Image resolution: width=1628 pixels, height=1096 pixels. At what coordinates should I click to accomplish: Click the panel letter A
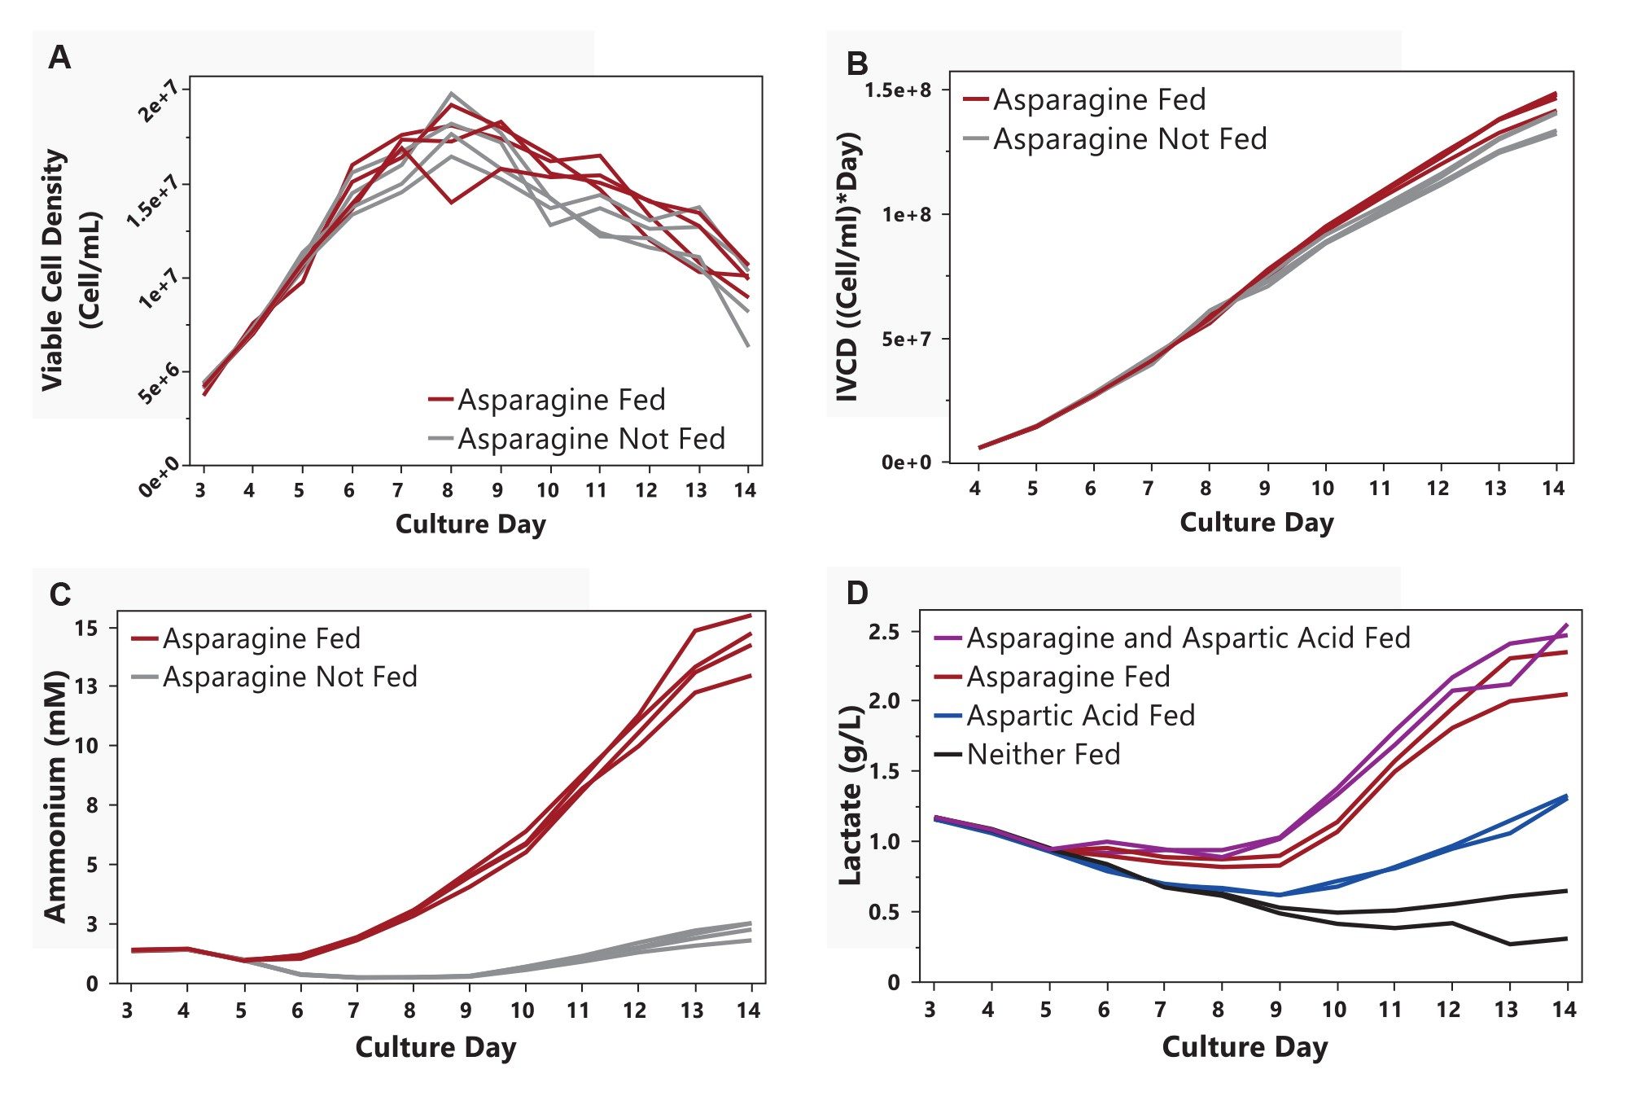tap(59, 59)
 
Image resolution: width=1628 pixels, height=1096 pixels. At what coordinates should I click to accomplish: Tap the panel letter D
tap(857, 593)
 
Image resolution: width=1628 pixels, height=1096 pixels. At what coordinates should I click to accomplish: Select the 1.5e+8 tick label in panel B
tap(897, 90)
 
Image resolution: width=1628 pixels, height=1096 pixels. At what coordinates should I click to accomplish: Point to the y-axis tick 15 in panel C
tap(86, 629)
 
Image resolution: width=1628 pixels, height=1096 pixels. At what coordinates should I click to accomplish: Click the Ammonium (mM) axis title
tap(55, 796)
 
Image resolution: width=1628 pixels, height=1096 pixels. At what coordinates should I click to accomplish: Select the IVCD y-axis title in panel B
tap(848, 267)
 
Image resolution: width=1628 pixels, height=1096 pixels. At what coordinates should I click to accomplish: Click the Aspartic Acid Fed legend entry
tap(1080, 716)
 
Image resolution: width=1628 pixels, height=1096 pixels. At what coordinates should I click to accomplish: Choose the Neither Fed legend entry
tap(1043, 755)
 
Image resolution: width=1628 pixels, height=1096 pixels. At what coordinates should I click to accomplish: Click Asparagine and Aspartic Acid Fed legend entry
tap(1188, 638)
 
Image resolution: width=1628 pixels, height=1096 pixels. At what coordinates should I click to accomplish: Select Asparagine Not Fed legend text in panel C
tap(290, 677)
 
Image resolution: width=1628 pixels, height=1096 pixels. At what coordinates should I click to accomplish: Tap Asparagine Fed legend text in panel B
tap(1099, 100)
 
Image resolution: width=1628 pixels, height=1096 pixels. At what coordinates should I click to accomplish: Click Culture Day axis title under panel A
tap(470, 524)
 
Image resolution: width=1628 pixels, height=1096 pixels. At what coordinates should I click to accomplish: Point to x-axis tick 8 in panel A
tap(448, 490)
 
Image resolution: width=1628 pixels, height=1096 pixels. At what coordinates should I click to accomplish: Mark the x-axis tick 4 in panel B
tap(975, 489)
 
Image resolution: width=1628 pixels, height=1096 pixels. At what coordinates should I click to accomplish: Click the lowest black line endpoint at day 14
tap(1566, 939)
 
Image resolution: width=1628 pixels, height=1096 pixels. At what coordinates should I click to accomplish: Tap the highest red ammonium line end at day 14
tap(750, 616)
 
